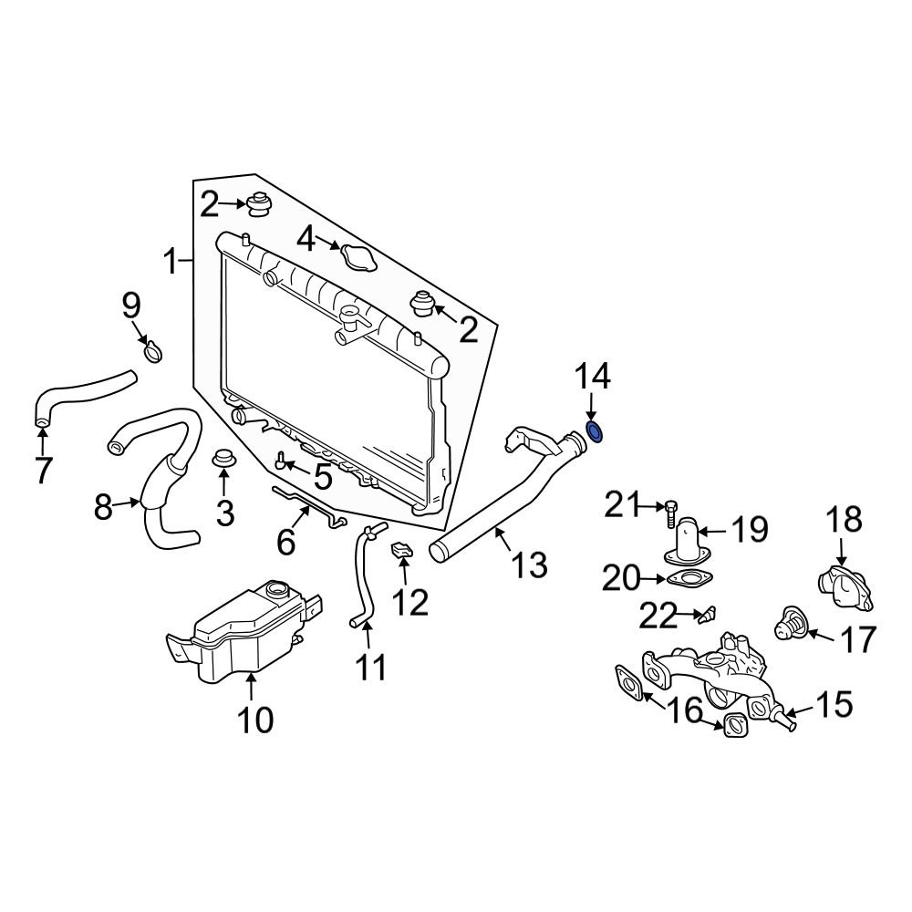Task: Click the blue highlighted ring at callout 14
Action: click(x=594, y=430)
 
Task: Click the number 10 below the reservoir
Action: click(x=255, y=720)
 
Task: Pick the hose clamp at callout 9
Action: click(x=153, y=349)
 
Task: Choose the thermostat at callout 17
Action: click(x=790, y=626)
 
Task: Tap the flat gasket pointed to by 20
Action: click(x=691, y=579)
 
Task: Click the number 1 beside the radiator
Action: click(x=170, y=263)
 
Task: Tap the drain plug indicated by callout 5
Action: click(x=283, y=463)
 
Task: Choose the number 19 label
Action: click(x=749, y=528)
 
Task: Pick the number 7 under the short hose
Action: click(x=43, y=470)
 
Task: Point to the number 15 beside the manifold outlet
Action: click(x=834, y=703)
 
